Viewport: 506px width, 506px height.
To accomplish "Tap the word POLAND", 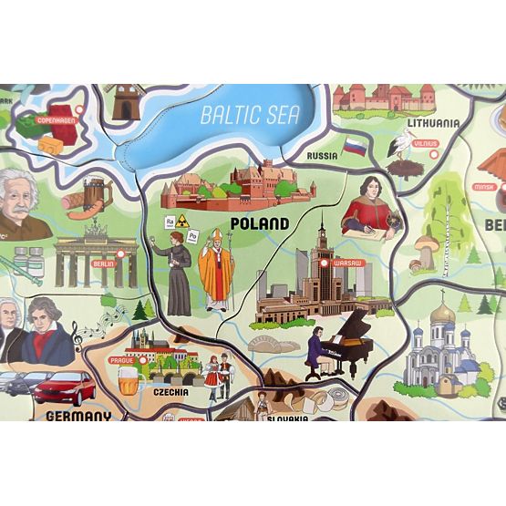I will tap(261, 222).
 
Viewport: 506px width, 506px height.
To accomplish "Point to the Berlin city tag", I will tap(102, 261).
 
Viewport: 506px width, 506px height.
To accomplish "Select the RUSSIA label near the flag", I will tap(321, 156).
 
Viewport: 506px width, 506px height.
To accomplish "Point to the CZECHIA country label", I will tap(171, 392).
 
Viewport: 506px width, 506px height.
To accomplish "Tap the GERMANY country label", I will tap(77, 417).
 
